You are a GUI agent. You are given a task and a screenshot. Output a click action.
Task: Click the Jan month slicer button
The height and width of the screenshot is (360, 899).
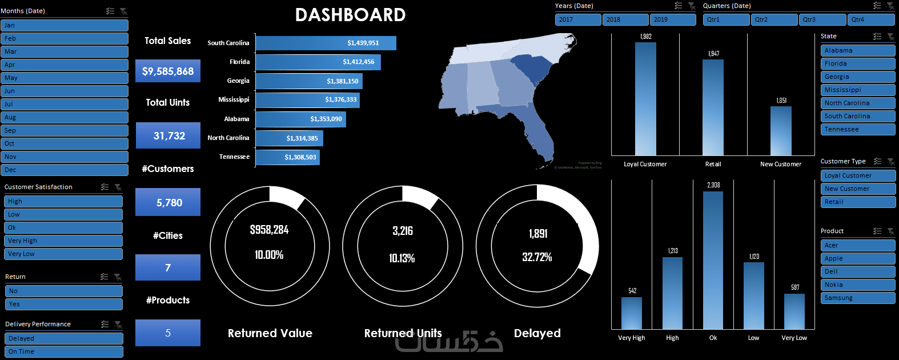pos(64,26)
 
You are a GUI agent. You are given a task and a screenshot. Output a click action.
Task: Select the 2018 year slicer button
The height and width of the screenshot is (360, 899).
pos(625,19)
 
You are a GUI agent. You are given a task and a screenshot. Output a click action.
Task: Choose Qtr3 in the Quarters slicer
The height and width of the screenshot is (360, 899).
pos(821,19)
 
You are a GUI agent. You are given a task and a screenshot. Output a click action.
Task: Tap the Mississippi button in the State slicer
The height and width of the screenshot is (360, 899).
pos(857,90)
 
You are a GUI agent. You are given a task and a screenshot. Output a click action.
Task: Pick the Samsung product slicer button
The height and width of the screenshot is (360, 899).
pos(857,298)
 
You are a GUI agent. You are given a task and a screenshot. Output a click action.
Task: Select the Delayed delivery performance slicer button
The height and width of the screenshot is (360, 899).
pos(64,339)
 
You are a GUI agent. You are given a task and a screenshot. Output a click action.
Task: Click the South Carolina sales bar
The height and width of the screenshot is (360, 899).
pos(326,43)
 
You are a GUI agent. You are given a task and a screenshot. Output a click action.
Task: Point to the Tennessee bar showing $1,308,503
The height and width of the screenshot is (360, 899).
pos(287,157)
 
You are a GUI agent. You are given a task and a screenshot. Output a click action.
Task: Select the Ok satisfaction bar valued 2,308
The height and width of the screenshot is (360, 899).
pos(713,260)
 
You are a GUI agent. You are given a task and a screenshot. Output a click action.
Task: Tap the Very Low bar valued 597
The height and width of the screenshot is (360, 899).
pos(794,311)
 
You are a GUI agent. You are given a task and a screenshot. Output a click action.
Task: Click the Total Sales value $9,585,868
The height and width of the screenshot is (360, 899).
pos(168,71)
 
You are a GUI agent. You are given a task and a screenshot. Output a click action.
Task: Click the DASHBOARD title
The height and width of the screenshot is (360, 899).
pos(350,15)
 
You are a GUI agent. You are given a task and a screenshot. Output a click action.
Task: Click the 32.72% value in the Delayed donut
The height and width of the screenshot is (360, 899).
pos(537,257)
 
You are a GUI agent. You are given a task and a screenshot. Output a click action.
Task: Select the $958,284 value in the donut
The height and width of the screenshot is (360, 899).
pos(269,230)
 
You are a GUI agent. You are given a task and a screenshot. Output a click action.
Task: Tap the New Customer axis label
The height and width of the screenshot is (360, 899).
pos(780,165)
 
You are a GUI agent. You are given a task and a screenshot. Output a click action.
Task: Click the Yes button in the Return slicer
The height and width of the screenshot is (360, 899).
pos(64,305)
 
